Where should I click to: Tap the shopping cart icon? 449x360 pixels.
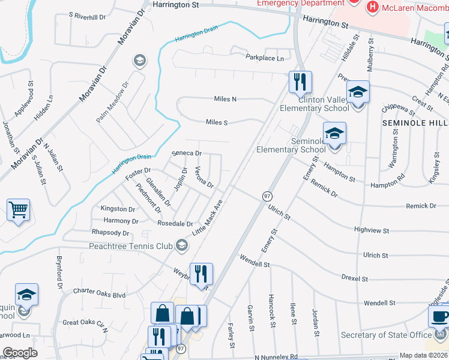[x=18, y=210]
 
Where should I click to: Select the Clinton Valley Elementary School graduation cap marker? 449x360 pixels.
[x=358, y=92]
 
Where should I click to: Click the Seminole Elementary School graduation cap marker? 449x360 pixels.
[x=334, y=134]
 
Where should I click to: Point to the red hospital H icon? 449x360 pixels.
[x=372, y=7]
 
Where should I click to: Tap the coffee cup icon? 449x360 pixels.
[x=439, y=316]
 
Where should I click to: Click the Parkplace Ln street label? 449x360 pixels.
[x=265, y=58]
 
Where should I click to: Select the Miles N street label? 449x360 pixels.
[x=225, y=99]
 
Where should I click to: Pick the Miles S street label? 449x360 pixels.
[x=217, y=122]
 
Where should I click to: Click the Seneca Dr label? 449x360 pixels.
[x=187, y=153]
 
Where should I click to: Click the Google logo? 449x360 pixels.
[x=20, y=353]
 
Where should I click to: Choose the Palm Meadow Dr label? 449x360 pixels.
[x=113, y=103]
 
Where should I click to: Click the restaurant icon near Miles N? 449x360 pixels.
[x=300, y=82]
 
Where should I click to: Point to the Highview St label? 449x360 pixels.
[x=372, y=230]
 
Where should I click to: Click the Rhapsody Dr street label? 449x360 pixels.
[x=110, y=232]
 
